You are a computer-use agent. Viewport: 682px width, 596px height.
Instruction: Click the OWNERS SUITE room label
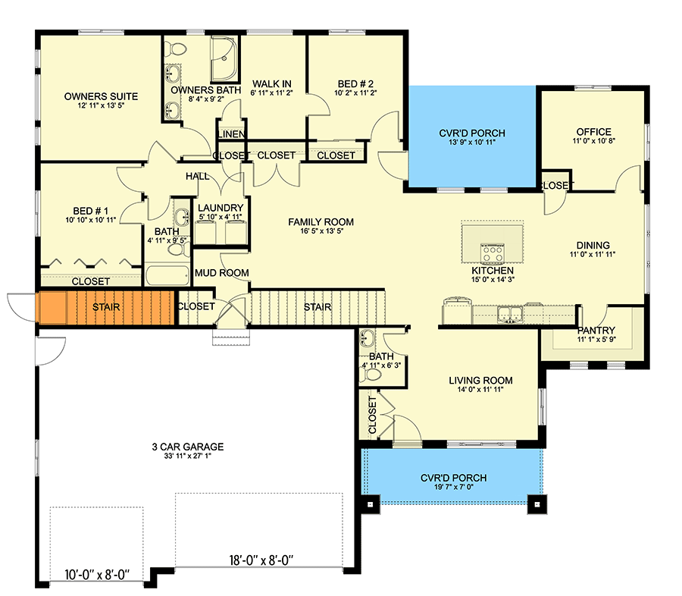[x=100, y=96]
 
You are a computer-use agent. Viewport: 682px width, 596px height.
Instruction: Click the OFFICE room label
[x=593, y=132]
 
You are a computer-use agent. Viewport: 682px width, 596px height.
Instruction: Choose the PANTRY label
[x=596, y=331]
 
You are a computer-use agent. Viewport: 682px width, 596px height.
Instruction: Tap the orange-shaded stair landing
[x=52, y=307]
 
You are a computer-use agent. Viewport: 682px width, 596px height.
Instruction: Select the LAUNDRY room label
[x=221, y=208]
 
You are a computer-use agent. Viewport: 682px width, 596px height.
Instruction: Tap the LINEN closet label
[x=231, y=135]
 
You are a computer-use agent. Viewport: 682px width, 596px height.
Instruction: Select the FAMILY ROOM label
[x=321, y=221]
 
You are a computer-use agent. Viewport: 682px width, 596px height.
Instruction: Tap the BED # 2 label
[x=355, y=84]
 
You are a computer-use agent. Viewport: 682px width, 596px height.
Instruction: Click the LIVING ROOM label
[x=480, y=381]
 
